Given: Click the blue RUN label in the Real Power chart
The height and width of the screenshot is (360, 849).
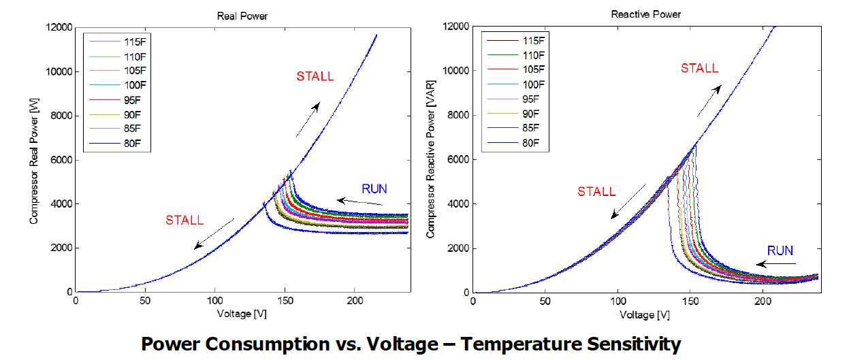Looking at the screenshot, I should point(374,189).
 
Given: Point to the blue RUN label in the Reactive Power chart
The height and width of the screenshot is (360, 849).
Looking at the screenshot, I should point(780,250).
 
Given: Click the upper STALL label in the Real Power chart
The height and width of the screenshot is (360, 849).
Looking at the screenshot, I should point(315,76).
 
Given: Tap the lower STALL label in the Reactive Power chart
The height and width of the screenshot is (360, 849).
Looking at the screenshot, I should point(596,192).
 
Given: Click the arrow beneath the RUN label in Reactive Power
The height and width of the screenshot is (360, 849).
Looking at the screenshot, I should point(777,263).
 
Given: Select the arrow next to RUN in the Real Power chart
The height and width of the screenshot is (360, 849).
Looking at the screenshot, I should point(360,201).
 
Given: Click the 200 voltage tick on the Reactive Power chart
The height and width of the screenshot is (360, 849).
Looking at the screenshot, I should point(763,303).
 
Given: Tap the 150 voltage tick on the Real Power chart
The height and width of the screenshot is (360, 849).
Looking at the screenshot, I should point(285,303).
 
